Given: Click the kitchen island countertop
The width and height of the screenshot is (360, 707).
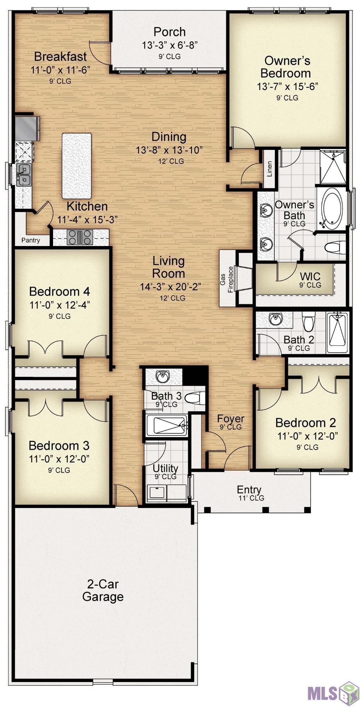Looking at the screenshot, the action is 77,166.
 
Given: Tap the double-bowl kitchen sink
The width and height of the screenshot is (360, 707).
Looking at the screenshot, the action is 23,174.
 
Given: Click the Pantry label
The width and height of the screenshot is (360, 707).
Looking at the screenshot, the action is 31,240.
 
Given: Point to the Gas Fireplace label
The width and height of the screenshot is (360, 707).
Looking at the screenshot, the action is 227,279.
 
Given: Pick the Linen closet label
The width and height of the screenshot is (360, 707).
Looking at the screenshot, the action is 269,169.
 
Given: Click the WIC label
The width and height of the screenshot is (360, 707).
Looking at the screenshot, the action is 310,276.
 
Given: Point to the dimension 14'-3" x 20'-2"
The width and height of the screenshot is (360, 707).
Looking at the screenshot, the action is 171,286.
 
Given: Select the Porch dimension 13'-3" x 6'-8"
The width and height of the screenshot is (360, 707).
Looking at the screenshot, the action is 170,45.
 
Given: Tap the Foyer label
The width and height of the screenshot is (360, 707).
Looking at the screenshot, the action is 231,419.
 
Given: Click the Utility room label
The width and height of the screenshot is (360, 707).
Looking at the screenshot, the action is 166,468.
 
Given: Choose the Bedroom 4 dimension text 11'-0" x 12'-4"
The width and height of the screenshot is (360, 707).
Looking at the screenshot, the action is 60,305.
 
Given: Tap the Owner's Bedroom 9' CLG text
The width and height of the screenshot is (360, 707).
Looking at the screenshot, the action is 287,98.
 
